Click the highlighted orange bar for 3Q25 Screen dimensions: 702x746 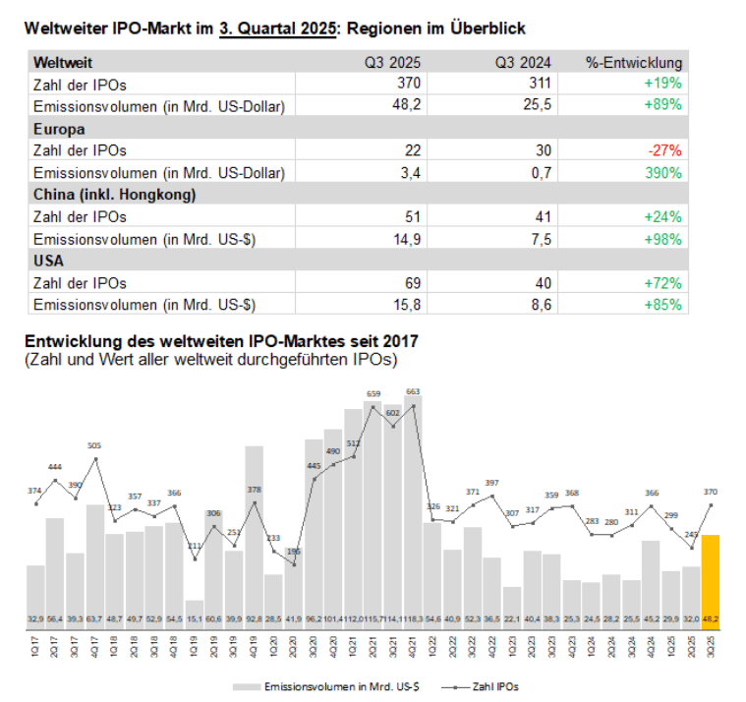710,580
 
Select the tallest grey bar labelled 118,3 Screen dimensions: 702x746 413,511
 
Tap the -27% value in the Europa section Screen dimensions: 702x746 667,150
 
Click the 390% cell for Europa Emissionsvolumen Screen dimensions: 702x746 663,173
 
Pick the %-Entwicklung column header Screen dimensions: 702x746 634,62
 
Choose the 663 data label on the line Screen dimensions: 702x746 413,391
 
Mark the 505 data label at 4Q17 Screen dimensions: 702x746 94,446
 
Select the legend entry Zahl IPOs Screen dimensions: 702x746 486,685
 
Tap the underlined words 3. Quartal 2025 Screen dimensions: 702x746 277,29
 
